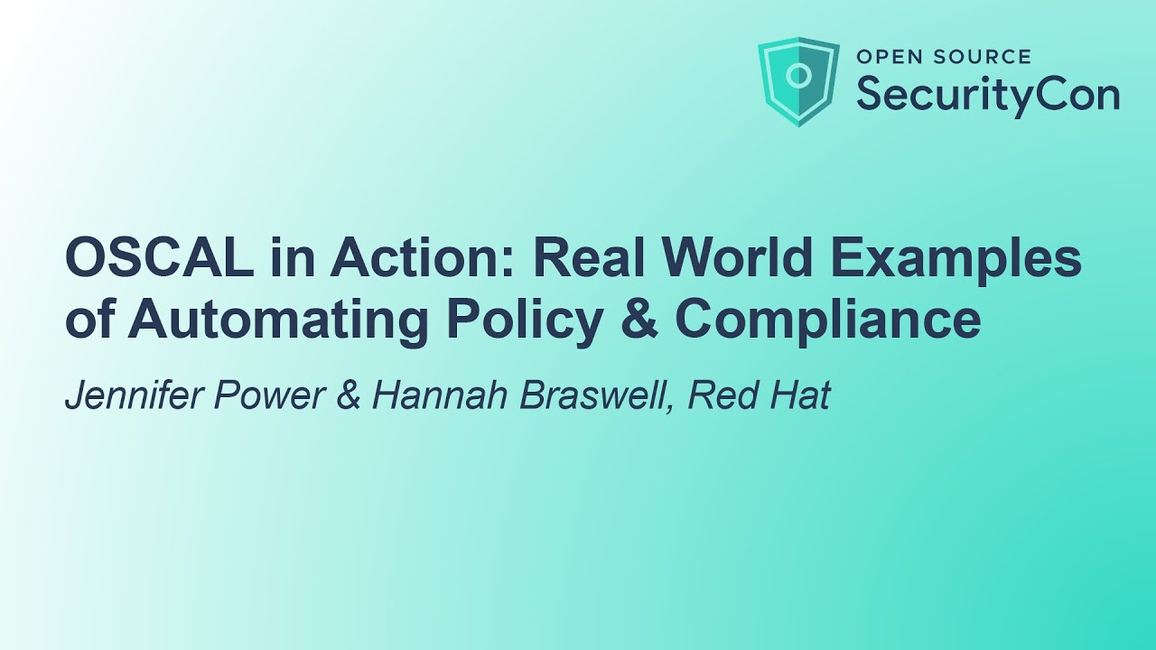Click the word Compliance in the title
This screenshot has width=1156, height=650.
[x=827, y=320]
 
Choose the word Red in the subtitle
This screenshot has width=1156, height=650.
[x=720, y=396]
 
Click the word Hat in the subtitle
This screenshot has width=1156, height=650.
[x=798, y=396]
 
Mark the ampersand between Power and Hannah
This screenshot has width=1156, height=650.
[x=349, y=396]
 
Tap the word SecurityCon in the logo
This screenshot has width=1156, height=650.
[x=987, y=93]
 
